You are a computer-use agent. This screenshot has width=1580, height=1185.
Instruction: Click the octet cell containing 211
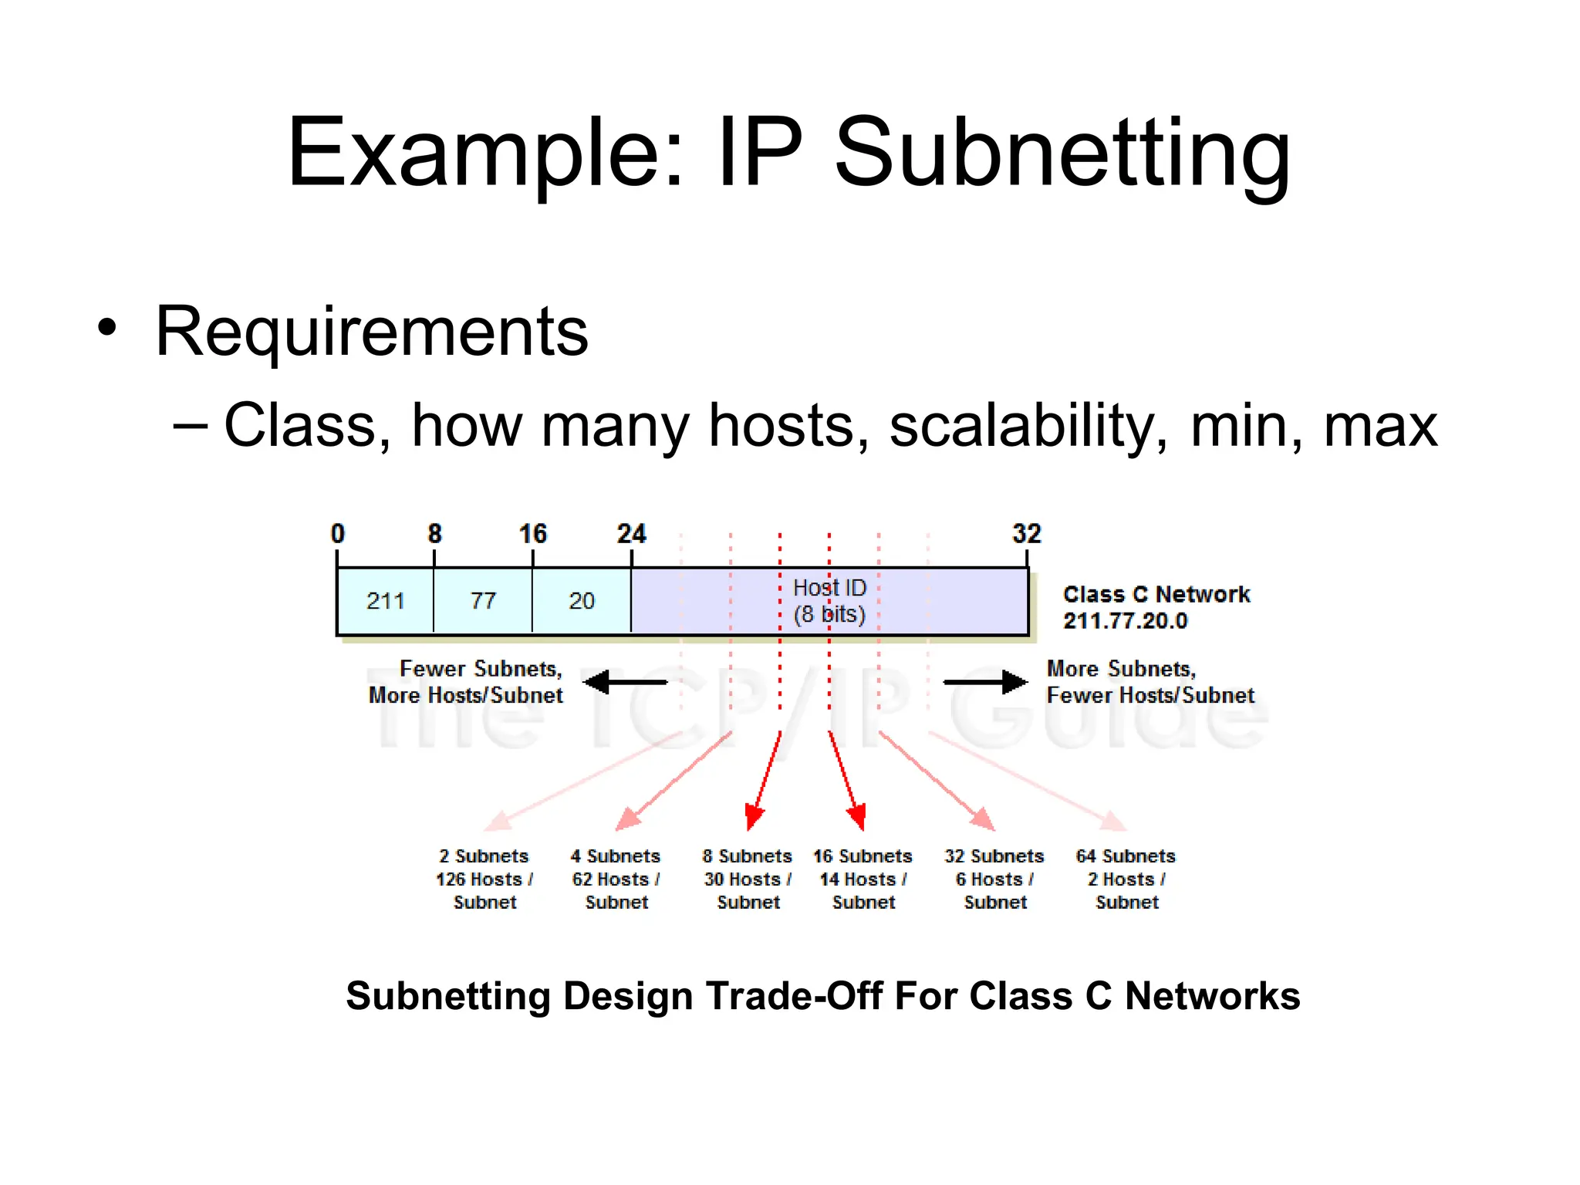[x=385, y=601]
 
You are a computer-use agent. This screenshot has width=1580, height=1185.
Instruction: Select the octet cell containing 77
[x=483, y=601]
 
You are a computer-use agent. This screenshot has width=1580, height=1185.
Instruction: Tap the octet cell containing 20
[x=582, y=601]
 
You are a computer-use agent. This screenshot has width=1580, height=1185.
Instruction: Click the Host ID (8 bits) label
[x=829, y=601]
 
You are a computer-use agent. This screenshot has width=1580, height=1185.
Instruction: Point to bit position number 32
[x=1026, y=534]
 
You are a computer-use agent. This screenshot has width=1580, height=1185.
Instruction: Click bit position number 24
[x=631, y=534]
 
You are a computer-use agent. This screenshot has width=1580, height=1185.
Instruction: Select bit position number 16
[x=532, y=534]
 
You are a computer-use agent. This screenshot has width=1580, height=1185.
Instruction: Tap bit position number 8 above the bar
[x=435, y=534]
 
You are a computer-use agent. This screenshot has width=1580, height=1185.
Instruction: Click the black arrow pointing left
[x=625, y=682]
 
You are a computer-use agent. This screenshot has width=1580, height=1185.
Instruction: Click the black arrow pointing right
[x=985, y=682]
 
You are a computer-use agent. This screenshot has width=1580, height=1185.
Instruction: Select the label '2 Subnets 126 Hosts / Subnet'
[x=484, y=879]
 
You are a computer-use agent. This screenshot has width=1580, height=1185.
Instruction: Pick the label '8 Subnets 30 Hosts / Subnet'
[x=748, y=879]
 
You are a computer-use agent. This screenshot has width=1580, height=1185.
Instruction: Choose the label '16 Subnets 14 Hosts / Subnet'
[x=863, y=879]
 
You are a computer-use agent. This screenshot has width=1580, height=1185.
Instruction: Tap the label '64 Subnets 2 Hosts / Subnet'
[x=1126, y=879]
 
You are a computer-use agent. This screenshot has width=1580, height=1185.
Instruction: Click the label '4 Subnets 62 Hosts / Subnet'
[x=616, y=879]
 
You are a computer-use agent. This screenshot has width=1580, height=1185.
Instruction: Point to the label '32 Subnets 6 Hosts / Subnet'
[x=994, y=879]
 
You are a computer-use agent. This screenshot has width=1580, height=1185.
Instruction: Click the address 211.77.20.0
[x=1126, y=621]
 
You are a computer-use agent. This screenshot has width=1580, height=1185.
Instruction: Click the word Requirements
[x=372, y=332]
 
